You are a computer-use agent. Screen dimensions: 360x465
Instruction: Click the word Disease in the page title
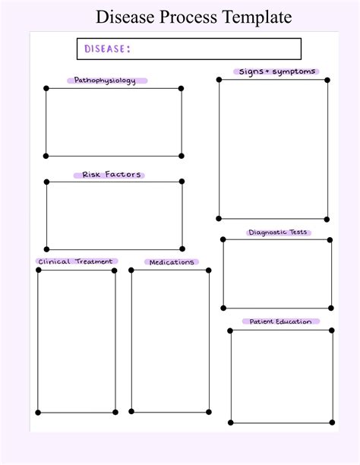(x=126, y=17)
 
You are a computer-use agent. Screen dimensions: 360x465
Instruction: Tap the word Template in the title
(x=257, y=17)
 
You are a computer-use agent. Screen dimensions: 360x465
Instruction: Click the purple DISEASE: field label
(x=107, y=49)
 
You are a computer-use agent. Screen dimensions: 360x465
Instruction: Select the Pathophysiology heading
(x=105, y=81)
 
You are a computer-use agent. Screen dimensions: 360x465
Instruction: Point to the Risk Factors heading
(x=111, y=175)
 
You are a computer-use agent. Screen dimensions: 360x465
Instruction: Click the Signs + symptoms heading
(x=277, y=71)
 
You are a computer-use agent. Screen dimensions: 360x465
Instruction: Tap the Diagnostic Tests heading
(x=277, y=232)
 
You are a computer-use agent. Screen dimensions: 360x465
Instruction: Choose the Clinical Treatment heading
(x=75, y=261)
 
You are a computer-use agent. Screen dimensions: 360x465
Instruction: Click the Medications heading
(x=172, y=262)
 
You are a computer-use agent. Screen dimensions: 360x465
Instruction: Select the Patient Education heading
(x=280, y=321)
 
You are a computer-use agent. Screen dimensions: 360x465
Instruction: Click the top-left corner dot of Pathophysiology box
(x=46, y=88)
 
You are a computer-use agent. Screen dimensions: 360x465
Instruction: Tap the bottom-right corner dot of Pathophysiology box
(x=182, y=156)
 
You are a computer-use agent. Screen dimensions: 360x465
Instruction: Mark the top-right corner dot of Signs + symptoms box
(x=327, y=80)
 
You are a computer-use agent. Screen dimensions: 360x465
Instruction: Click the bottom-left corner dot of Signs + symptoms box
(x=219, y=219)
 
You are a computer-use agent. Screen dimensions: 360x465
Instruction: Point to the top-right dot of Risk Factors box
(x=182, y=182)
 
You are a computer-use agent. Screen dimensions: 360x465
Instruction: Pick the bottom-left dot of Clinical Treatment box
(x=38, y=413)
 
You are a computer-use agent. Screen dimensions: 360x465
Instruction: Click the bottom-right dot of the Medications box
(x=208, y=412)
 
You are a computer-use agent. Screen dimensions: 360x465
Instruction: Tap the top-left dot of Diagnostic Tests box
(x=223, y=239)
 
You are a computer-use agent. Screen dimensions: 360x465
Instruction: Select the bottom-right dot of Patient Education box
(x=332, y=422)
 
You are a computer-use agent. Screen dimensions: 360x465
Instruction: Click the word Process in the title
(x=188, y=17)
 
